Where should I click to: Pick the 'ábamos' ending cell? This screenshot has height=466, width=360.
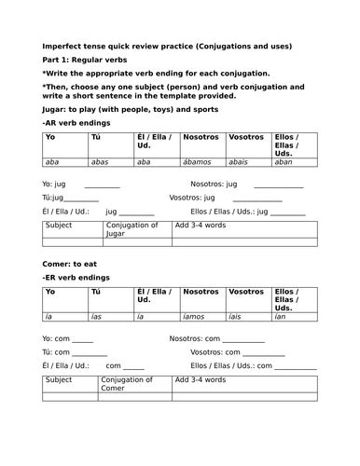tap(198, 161)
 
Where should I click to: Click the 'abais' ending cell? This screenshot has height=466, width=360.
tap(240, 161)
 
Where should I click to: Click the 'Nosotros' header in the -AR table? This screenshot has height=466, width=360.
tap(201, 137)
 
